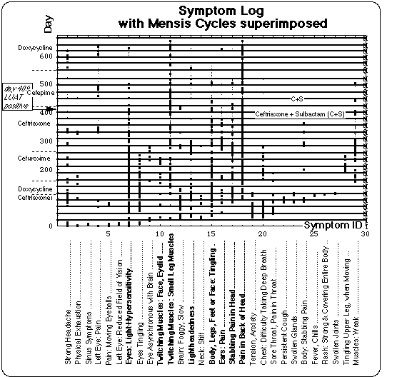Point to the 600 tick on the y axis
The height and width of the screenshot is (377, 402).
tap(47, 56)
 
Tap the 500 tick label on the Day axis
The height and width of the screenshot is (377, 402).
tap(47, 84)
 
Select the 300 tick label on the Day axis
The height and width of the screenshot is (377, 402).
tap(47, 141)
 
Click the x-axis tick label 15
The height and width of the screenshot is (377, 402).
tap(211, 233)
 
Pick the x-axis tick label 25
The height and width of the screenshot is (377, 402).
tap(313, 233)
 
